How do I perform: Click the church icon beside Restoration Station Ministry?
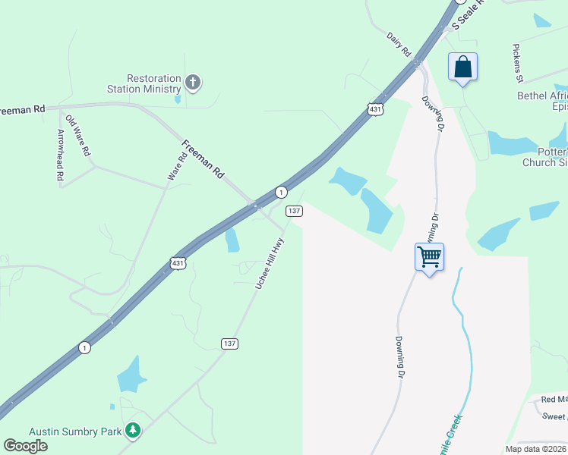click(x=193, y=82)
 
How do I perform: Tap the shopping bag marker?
click(x=462, y=67)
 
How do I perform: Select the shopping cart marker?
click(x=429, y=257)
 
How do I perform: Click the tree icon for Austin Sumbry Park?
click(x=133, y=431)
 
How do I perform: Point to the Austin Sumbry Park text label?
click(x=75, y=431)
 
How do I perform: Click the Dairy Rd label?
click(x=398, y=45)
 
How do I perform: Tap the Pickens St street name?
click(x=518, y=62)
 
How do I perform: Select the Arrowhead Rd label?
click(x=61, y=155)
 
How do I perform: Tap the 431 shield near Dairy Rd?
click(x=375, y=109)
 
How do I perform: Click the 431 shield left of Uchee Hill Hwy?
click(x=177, y=263)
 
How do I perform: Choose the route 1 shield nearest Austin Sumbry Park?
click(x=84, y=347)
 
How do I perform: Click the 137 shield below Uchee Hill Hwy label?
click(x=230, y=344)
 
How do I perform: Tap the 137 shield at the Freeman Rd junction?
click(x=294, y=211)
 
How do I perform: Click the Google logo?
click(x=25, y=445)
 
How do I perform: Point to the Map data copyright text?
click(x=535, y=449)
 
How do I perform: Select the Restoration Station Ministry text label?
click(x=154, y=83)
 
